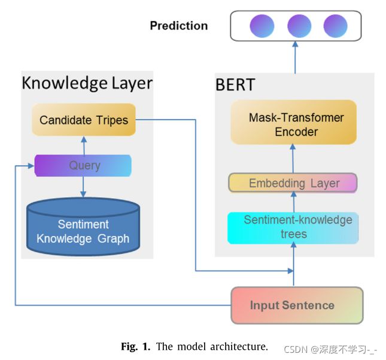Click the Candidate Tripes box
84,120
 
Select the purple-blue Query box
83,165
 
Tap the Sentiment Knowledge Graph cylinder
83,226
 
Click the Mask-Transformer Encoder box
294,122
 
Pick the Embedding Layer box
293,183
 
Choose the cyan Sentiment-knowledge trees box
293,228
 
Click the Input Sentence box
297,305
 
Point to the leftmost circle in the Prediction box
262,26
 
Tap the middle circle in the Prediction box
299,26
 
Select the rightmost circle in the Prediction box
335,26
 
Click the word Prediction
179,26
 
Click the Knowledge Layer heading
87,83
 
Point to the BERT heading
235,85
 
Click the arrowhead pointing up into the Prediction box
295,44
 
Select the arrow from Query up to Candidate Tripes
84,146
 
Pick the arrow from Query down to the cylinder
83,187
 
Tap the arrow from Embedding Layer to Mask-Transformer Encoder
293,159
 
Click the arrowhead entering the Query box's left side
31,166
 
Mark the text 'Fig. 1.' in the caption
135,346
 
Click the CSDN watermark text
330,350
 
